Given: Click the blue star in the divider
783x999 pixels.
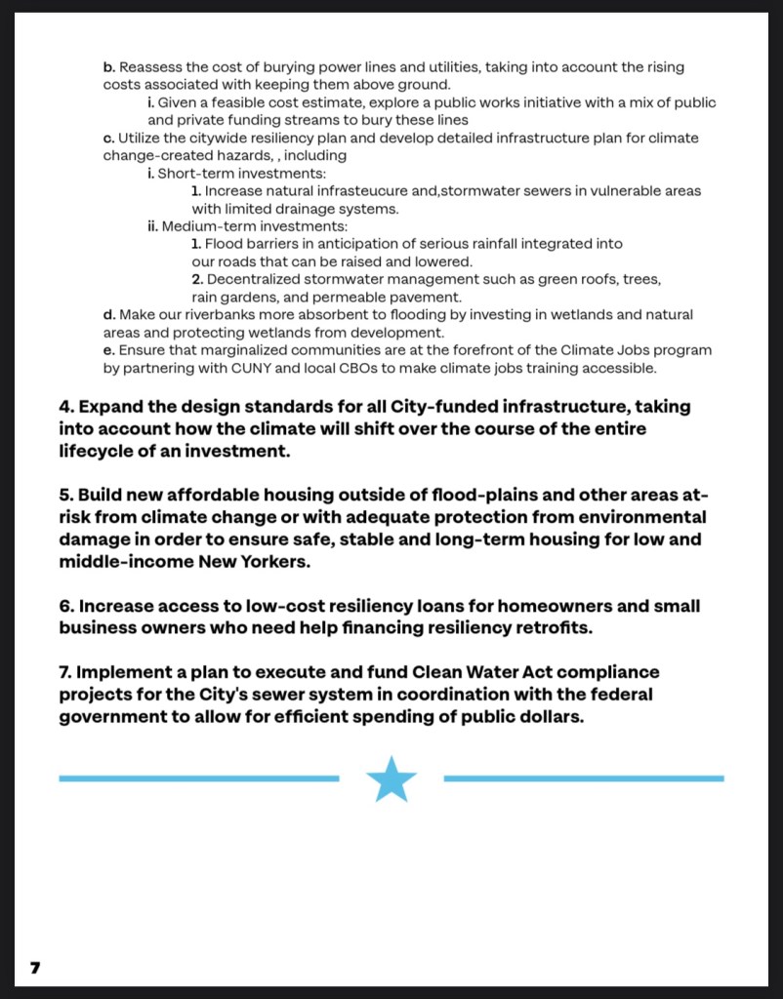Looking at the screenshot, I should pyautogui.click(x=391, y=779).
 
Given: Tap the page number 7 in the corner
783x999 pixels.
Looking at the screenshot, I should pyautogui.click(x=35, y=968).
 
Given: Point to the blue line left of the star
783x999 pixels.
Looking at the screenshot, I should pyautogui.click(x=198, y=779).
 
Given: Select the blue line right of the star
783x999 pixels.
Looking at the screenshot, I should pyautogui.click(x=584, y=779).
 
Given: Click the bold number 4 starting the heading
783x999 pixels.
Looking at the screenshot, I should pyautogui.click(x=65, y=407).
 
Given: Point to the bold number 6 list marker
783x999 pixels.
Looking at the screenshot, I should pyautogui.click(x=65, y=606).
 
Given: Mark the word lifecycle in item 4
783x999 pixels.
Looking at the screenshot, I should pyautogui.click(x=98, y=452).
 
